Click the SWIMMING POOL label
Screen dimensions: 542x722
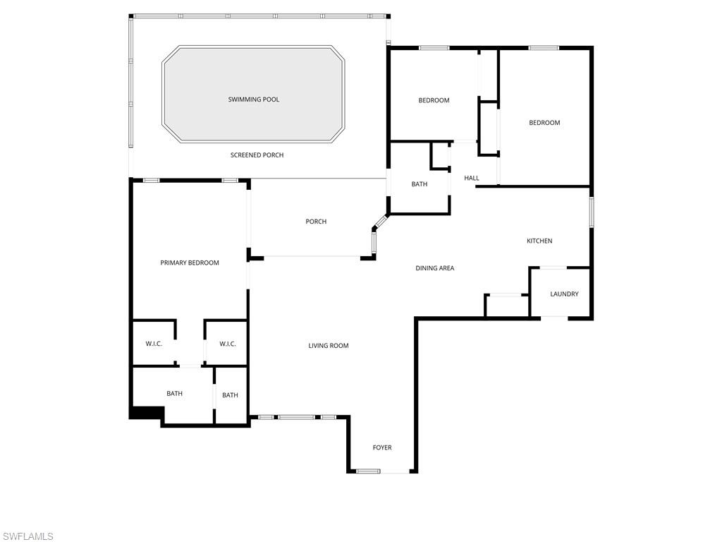pos(253,100)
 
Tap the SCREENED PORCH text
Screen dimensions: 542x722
pos(257,155)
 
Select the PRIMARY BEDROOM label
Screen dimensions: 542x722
pos(190,263)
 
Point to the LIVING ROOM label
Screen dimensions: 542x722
pos(329,346)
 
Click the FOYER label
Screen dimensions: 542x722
pos(382,447)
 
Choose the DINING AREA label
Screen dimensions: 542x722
pos(435,268)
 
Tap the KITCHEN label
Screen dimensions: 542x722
pos(539,241)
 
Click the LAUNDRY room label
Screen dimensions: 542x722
pos(564,294)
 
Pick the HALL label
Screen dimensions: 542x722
pos(472,178)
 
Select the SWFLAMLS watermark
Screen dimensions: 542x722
pos(27,536)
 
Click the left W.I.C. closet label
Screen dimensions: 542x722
pos(154,344)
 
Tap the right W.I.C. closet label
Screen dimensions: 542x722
pos(227,344)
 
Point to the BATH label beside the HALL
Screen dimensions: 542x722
pos(420,184)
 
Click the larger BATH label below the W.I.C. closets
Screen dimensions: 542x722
pos(174,394)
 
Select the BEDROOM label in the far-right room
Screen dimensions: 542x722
pos(544,123)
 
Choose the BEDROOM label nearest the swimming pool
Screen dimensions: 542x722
pos(434,100)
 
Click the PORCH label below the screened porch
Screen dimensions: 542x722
pos(316,222)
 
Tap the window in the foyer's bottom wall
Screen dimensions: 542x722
pos(368,471)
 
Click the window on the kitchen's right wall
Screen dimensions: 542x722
pos(592,212)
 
